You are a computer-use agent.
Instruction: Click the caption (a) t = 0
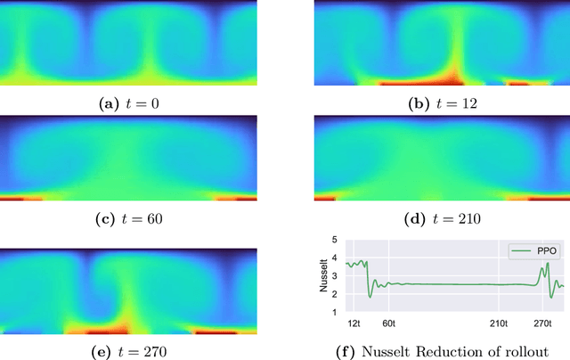[x=128, y=103]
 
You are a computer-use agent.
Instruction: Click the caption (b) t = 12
[x=442, y=103]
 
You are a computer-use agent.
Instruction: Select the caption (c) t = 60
[x=128, y=217]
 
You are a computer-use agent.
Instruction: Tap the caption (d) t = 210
[x=442, y=217]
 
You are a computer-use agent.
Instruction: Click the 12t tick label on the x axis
[x=354, y=323]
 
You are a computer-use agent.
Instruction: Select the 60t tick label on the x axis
[x=389, y=323]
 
